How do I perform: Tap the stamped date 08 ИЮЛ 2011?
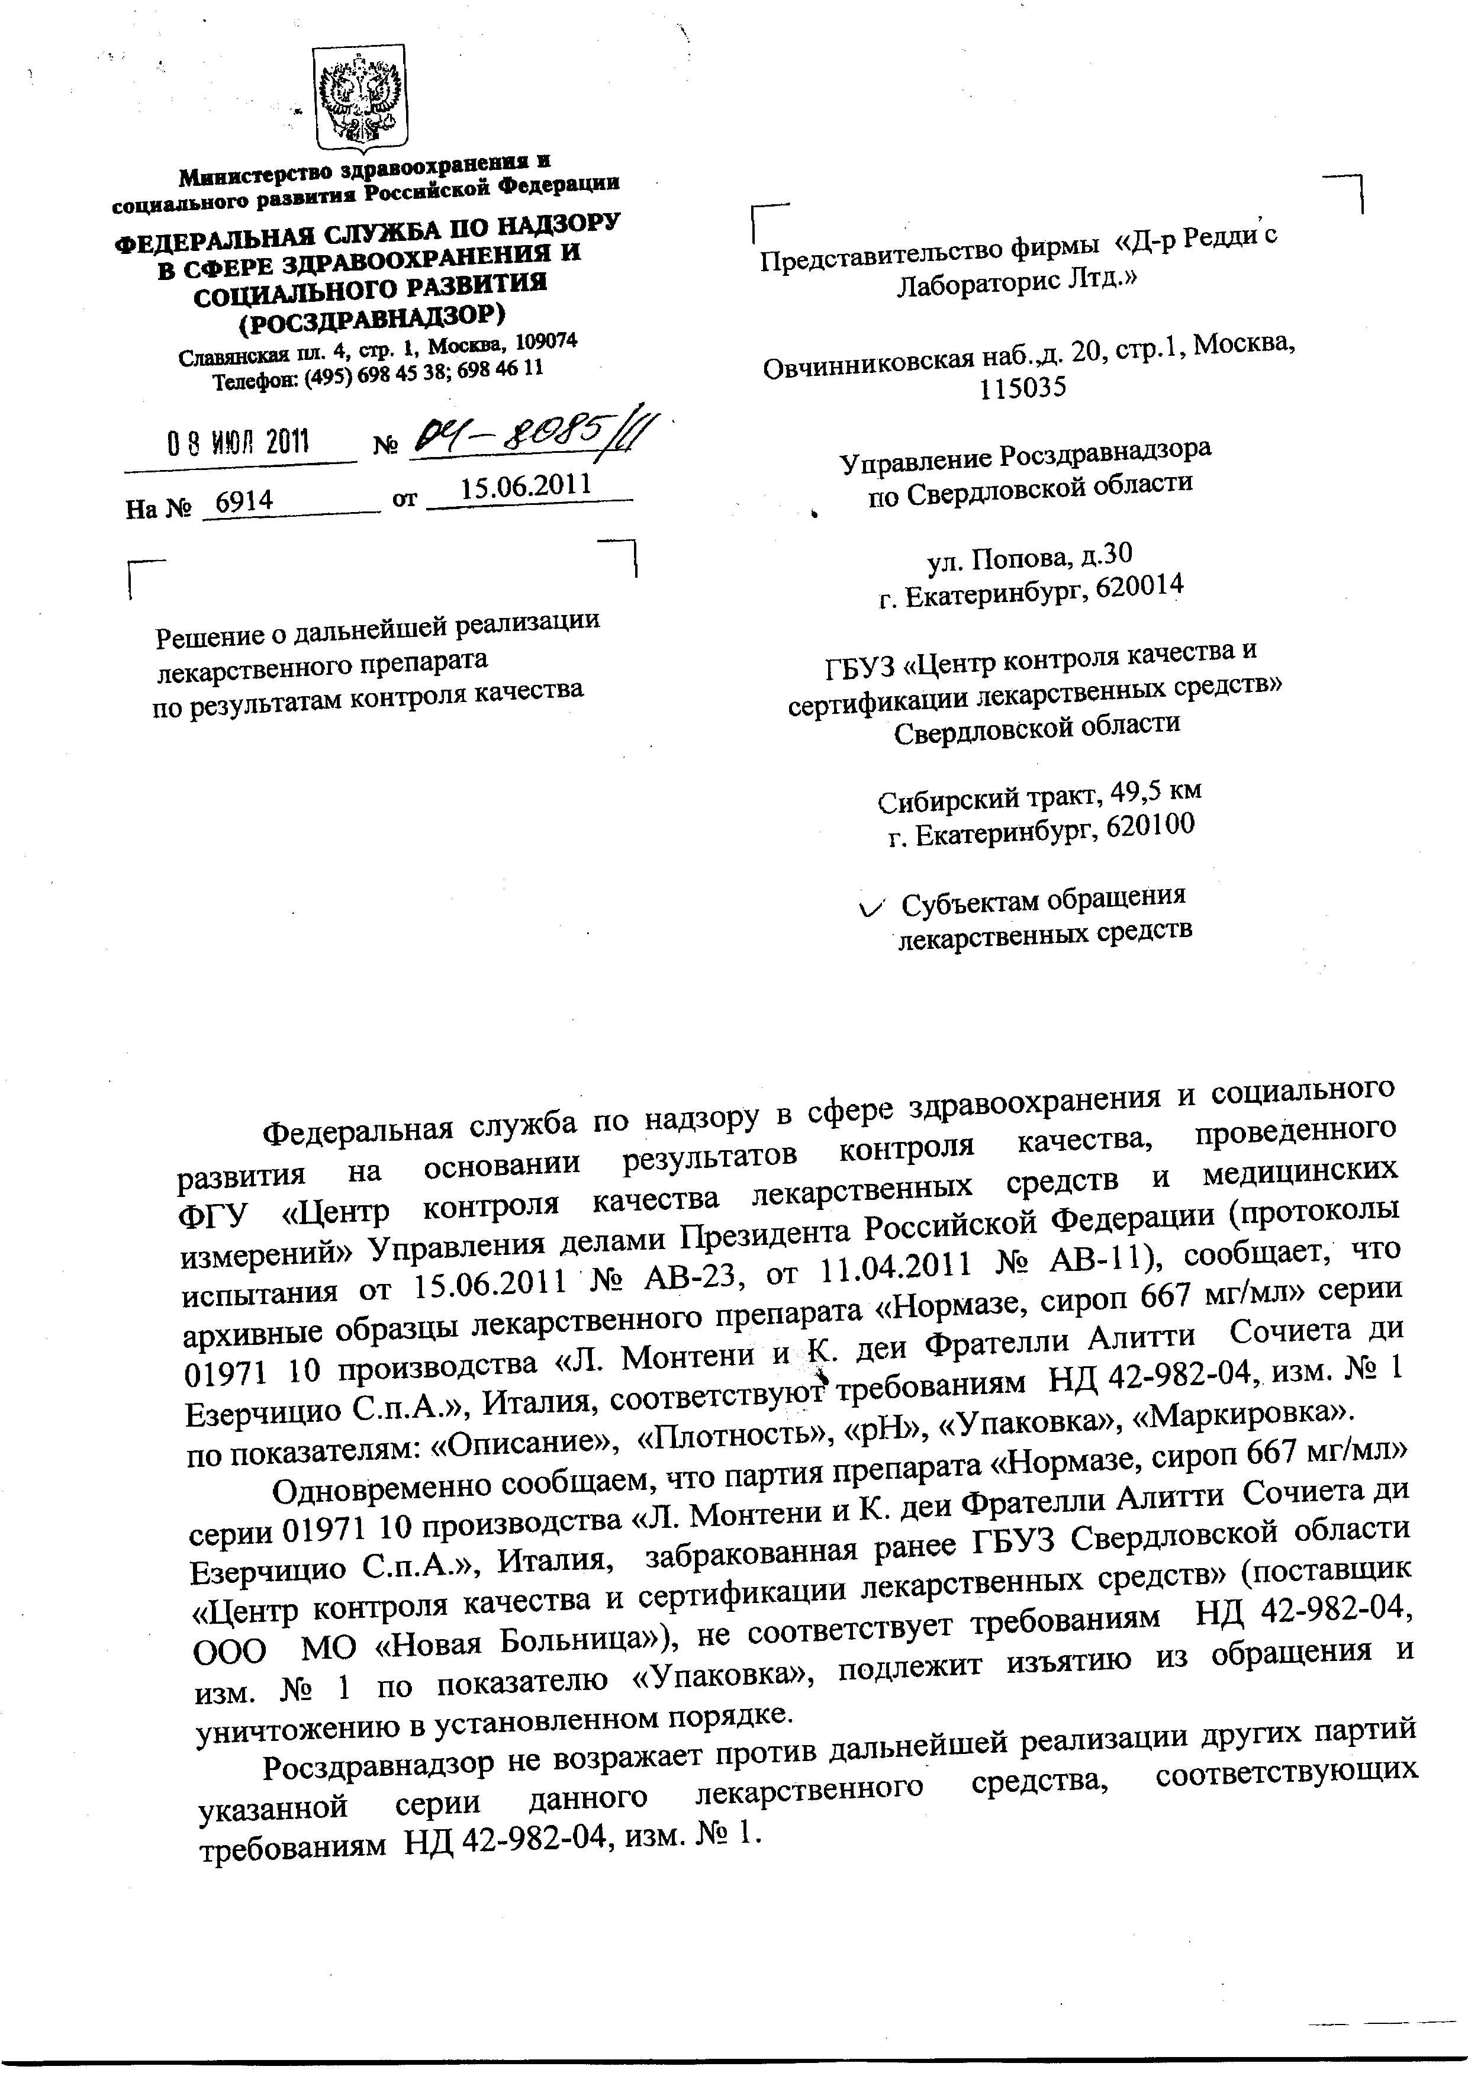[x=239, y=442]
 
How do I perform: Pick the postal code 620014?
[x=1138, y=588]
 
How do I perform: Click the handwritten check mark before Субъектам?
[x=873, y=907]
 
